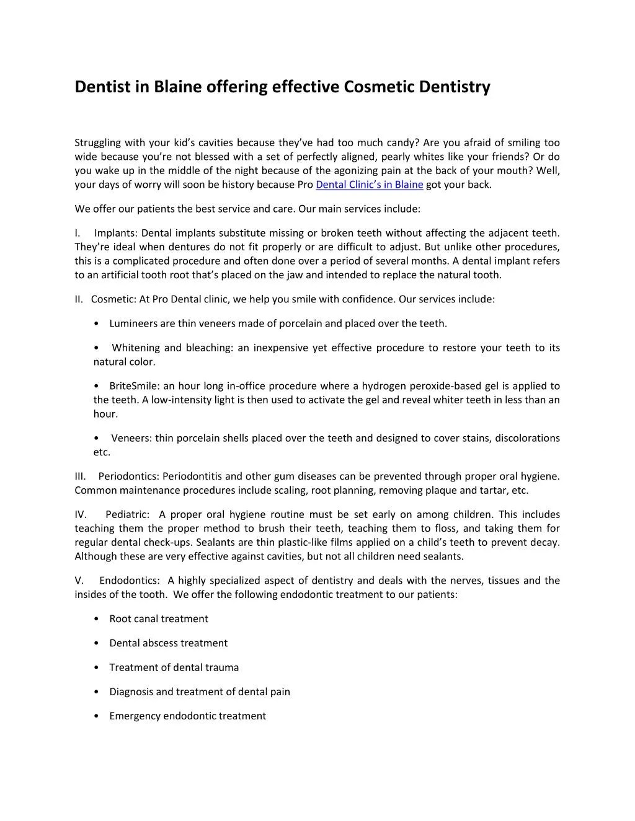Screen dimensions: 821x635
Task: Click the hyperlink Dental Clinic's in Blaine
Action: (x=370, y=185)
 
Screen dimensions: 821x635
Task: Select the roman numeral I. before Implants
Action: (x=78, y=233)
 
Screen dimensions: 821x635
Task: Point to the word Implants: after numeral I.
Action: (x=116, y=233)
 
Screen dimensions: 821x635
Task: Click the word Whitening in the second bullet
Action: (x=136, y=348)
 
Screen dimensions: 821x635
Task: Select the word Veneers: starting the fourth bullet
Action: (x=131, y=438)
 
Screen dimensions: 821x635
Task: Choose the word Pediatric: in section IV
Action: (x=127, y=514)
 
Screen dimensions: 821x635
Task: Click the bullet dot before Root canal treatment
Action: (x=97, y=619)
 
